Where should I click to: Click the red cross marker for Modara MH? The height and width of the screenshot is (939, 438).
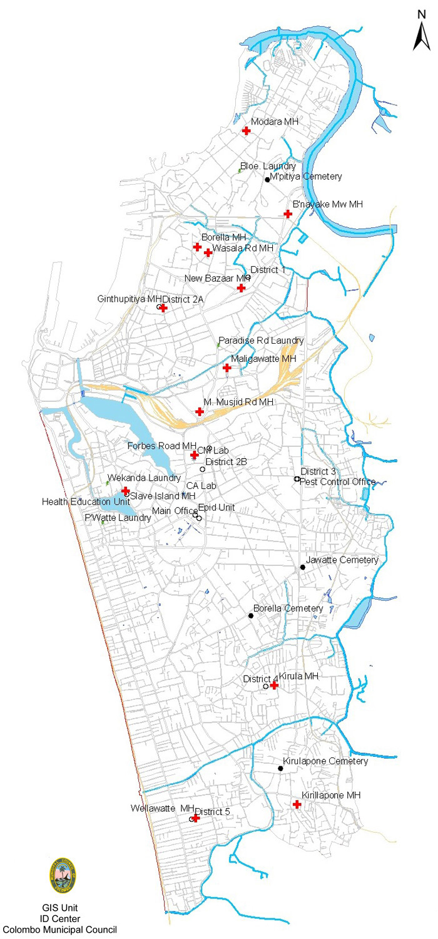point(247,130)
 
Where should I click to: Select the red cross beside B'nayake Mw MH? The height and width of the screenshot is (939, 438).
point(288,214)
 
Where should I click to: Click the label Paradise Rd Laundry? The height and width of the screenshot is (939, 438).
point(261,341)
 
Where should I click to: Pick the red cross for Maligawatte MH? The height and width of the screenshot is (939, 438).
point(227,368)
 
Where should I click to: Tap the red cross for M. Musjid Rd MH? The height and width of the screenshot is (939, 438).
point(200,411)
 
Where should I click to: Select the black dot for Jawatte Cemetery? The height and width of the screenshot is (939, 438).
point(303,567)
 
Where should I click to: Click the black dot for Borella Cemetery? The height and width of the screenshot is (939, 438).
point(251,615)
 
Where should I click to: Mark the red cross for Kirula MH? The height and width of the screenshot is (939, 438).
point(273,685)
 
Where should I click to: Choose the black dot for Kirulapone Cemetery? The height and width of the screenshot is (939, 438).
point(280,768)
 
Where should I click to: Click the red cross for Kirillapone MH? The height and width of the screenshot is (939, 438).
point(297,804)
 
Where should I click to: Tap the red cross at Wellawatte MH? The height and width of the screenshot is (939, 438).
point(196,818)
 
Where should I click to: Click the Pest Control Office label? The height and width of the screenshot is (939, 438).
point(338,482)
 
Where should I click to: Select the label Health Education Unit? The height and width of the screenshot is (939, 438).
point(86,501)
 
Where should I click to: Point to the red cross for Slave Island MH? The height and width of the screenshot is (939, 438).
point(125,491)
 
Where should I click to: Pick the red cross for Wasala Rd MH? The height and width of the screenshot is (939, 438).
point(208,252)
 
